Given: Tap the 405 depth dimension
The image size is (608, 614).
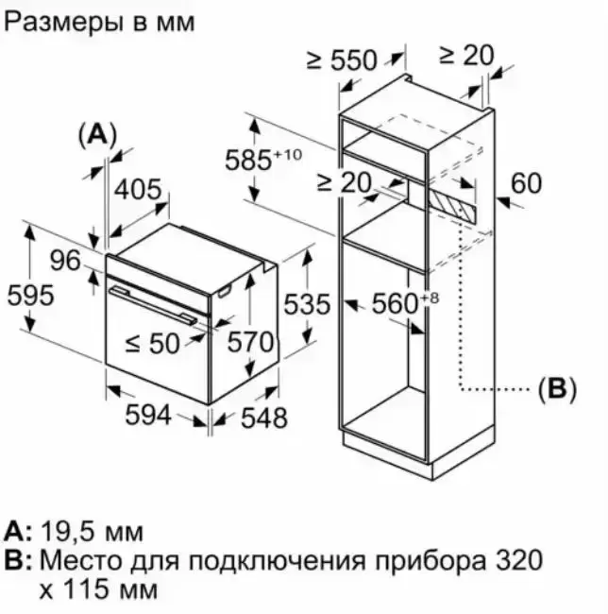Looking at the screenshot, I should point(137,190).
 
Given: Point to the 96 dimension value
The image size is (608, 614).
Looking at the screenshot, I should point(65,260).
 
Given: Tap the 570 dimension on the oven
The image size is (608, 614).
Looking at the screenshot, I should point(250,341).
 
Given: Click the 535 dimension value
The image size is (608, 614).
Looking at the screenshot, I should point(307,304).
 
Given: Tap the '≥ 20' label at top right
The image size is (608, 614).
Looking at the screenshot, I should point(465,55).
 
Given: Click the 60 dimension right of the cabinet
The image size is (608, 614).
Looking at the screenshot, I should point(527,182).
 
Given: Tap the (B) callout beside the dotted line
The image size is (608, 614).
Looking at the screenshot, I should point(556,388).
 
